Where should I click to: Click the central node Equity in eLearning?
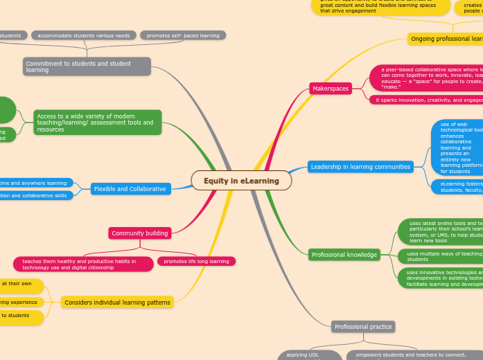click(x=241, y=181)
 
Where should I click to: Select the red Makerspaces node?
click(x=331, y=89)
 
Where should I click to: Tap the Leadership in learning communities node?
click(x=360, y=167)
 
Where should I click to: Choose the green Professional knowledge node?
click(x=344, y=255)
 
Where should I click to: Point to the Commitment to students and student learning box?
click(x=87, y=66)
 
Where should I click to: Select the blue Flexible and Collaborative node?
click(x=131, y=189)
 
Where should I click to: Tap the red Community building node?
click(x=140, y=233)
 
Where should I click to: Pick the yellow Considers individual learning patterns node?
click(x=116, y=303)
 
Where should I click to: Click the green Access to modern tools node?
click(x=97, y=123)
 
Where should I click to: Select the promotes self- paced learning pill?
click(x=183, y=35)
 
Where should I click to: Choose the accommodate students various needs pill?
click(x=84, y=35)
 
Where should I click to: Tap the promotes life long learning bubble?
click(x=197, y=261)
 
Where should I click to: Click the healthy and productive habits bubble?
click(x=83, y=264)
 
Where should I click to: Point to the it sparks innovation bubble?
click(x=425, y=100)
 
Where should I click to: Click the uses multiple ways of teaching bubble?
click(x=441, y=256)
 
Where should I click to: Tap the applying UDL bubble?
click(x=310, y=355)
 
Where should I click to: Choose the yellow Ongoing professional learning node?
click(x=446, y=39)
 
